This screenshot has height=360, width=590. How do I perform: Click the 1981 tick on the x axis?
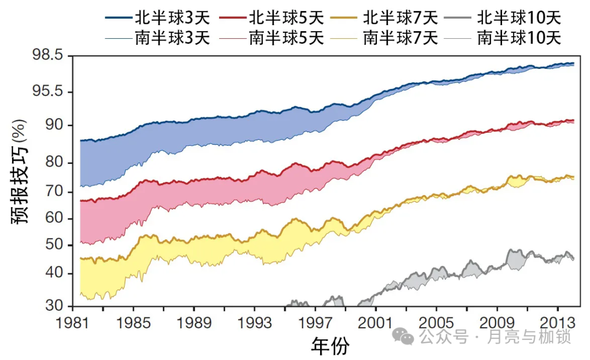(x=73, y=323)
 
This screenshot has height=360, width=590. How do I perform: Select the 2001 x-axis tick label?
(x=375, y=323)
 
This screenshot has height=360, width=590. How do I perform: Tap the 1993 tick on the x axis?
(x=255, y=323)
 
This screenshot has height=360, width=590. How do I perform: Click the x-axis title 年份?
(x=330, y=345)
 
